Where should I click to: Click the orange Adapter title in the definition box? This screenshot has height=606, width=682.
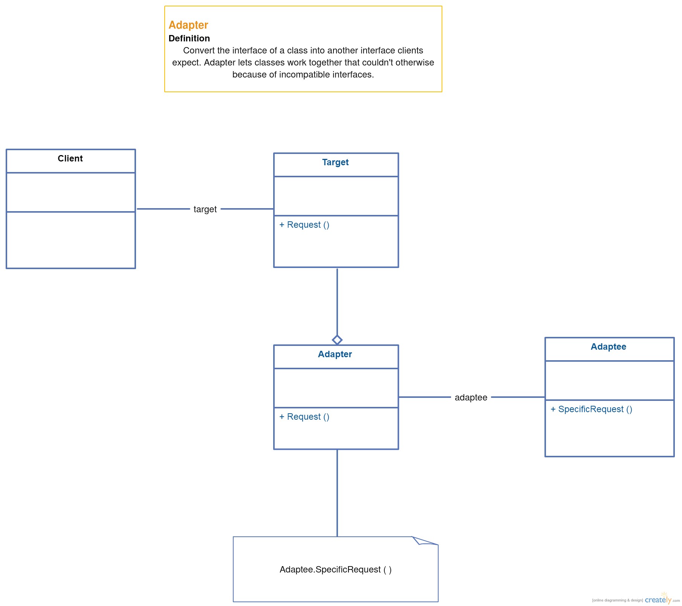(x=188, y=25)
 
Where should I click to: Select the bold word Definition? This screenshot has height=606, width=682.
(x=189, y=38)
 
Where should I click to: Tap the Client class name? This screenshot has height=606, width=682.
(x=70, y=158)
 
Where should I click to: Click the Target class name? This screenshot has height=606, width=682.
(x=335, y=162)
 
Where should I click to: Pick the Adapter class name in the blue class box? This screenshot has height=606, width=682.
(x=335, y=354)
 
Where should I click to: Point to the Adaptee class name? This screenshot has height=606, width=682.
(x=609, y=347)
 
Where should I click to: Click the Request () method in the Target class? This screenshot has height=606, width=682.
(x=304, y=225)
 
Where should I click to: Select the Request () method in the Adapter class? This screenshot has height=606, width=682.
(x=304, y=417)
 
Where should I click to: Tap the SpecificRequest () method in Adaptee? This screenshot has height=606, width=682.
(x=592, y=409)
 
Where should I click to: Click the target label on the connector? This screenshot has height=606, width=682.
(x=205, y=209)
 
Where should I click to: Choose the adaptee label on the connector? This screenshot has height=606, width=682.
(x=471, y=397)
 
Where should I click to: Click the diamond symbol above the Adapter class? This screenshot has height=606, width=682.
(x=337, y=340)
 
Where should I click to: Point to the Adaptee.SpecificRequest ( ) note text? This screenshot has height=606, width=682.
(x=336, y=569)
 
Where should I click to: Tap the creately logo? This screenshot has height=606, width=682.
(x=658, y=599)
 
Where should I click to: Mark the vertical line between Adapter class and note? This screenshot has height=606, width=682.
(x=337, y=493)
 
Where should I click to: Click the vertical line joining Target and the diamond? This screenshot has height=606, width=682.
(x=337, y=301)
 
